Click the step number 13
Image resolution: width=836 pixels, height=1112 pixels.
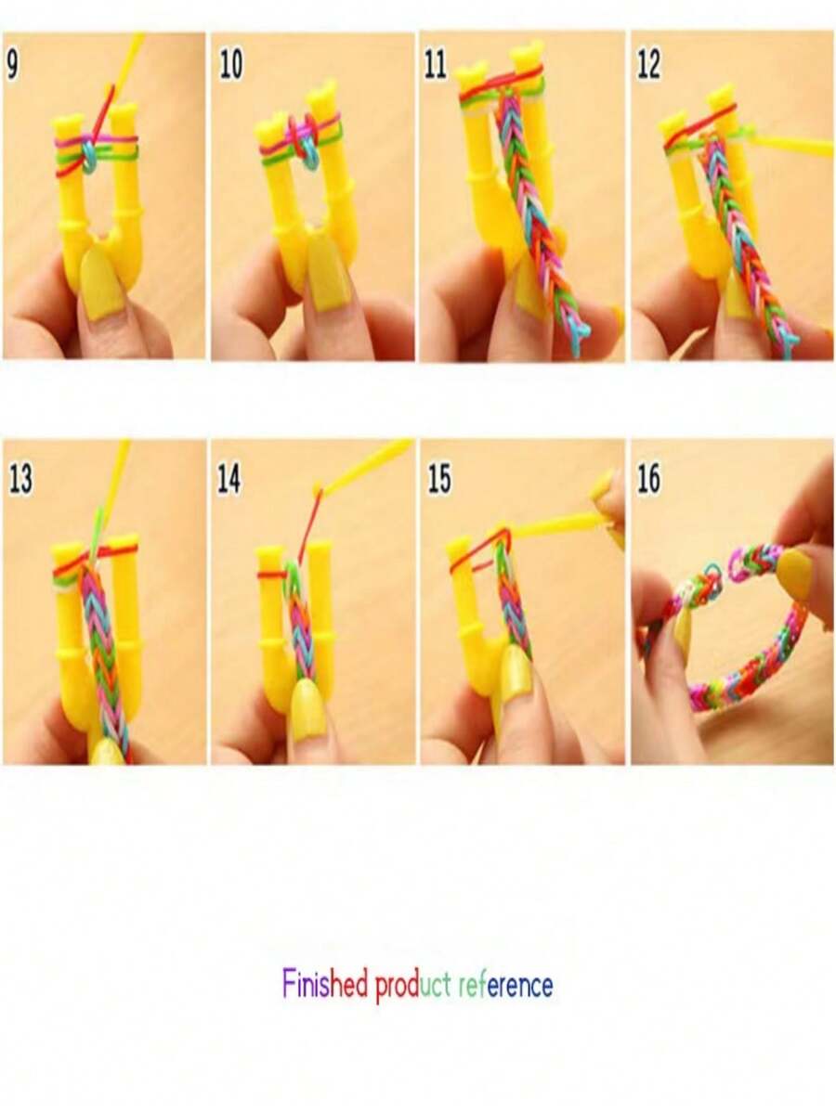(x=20, y=479)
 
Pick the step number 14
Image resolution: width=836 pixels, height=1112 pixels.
(x=229, y=479)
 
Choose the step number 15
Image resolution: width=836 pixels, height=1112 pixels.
(x=438, y=479)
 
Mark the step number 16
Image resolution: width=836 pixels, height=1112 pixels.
(x=648, y=479)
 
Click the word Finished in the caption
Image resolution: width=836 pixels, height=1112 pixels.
(x=325, y=983)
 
